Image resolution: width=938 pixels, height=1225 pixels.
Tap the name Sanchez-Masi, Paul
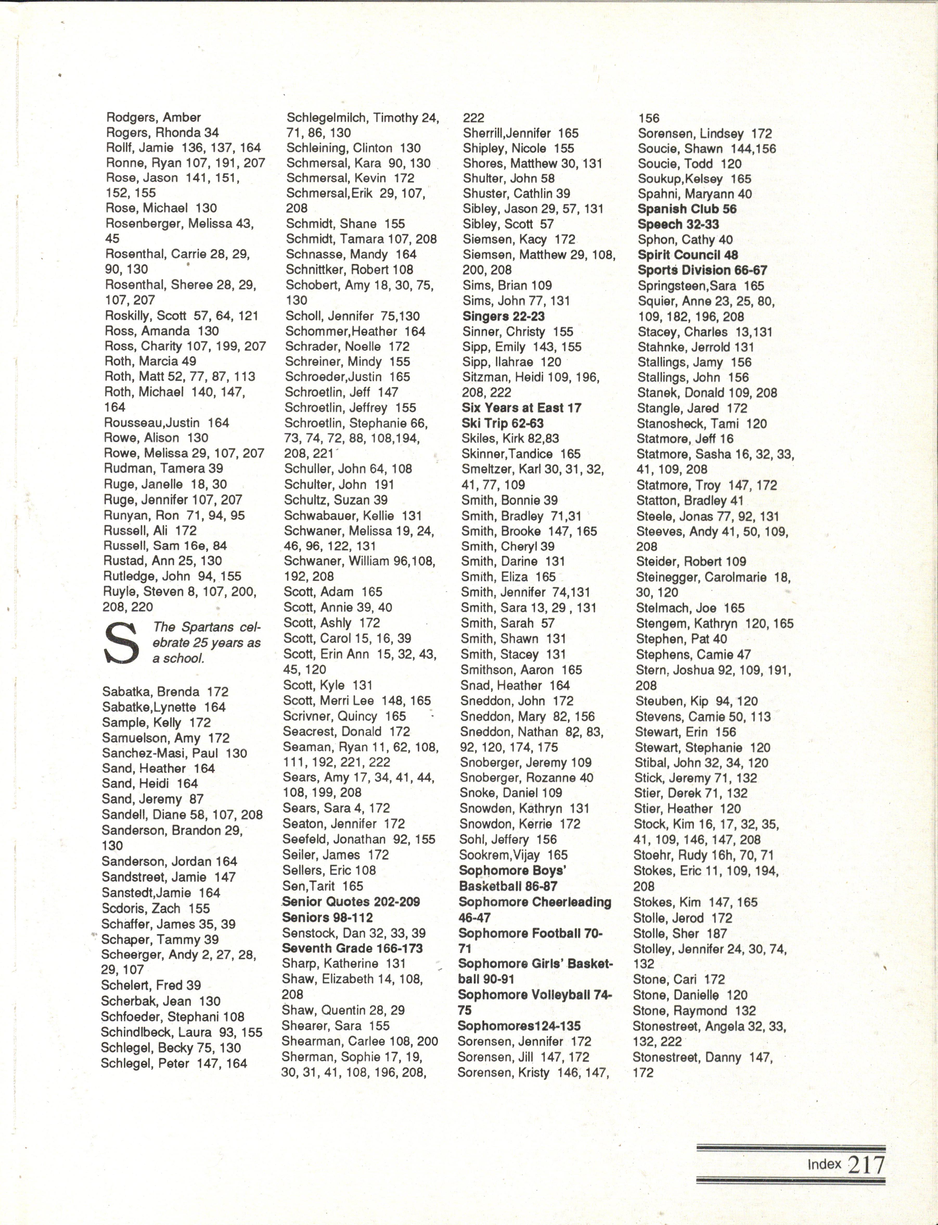(174, 753)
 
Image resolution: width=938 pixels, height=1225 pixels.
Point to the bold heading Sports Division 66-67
(702, 271)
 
